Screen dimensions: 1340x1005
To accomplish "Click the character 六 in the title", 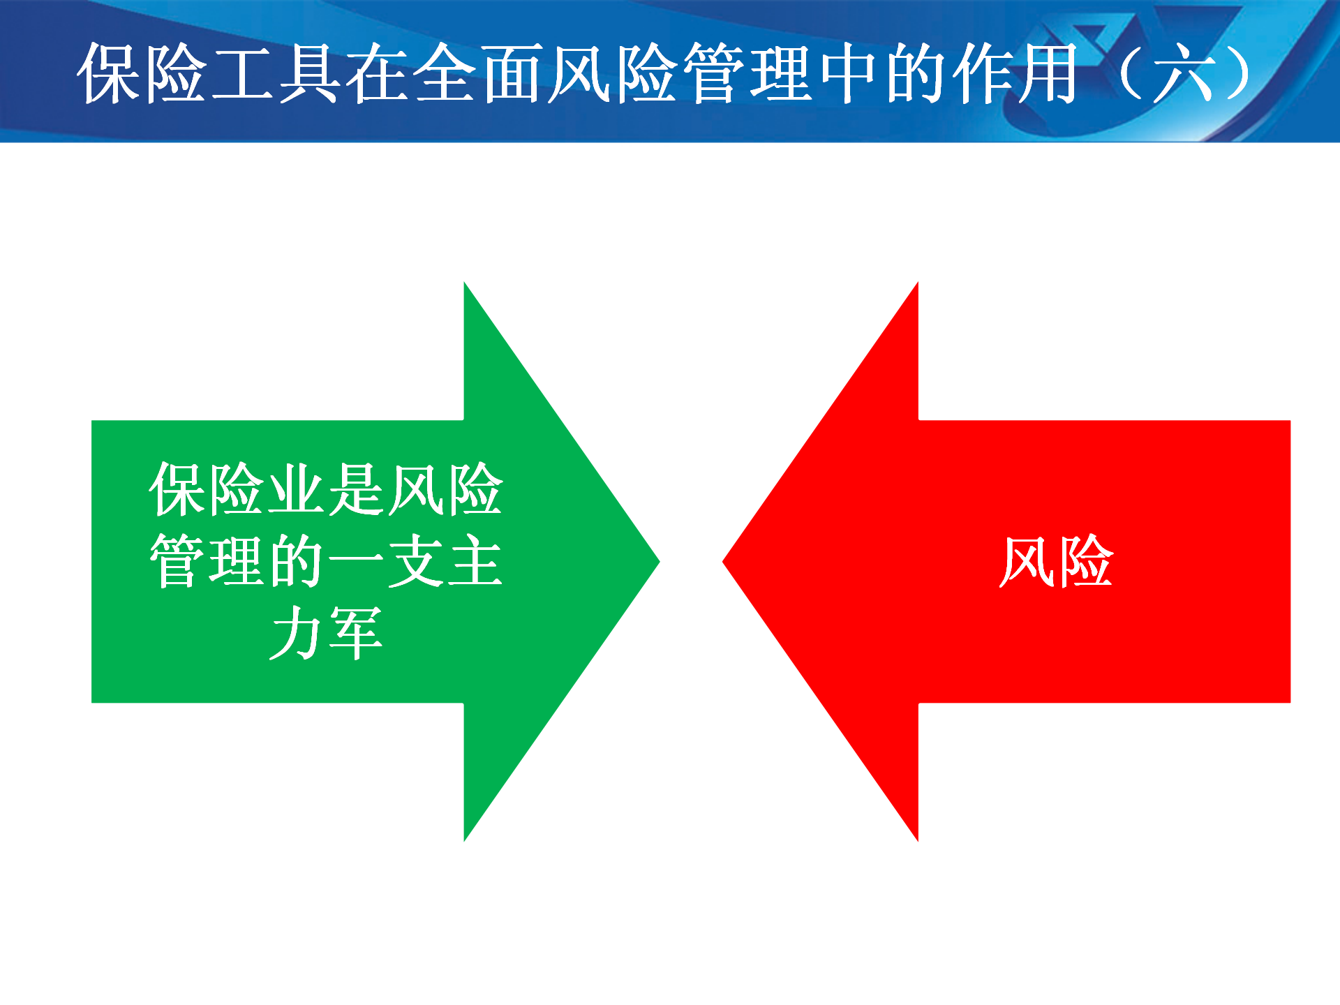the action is (x=1184, y=73).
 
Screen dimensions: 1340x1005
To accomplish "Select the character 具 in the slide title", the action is (x=309, y=73).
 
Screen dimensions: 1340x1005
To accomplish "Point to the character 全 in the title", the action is (x=445, y=73).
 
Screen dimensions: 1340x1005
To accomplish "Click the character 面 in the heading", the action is (x=512, y=73).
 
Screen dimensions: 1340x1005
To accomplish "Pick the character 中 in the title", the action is (x=849, y=73).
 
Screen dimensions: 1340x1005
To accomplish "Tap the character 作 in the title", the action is (x=983, y=73).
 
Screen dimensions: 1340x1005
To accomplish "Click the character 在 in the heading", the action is (x=377, y=73).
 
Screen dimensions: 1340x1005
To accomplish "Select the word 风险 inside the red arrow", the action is (x=1056, y=561).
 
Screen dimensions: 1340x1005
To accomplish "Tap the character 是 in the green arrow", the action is (x=356, y=489).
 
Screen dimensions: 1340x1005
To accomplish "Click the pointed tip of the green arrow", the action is (x=659, y=561).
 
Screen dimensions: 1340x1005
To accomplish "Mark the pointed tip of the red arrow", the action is (x=723, y=561).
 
